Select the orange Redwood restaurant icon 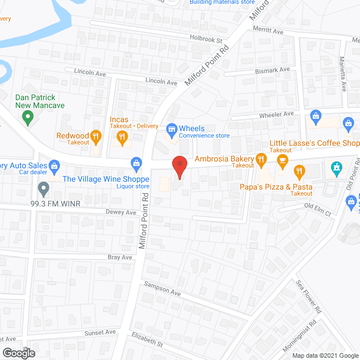(96, 135)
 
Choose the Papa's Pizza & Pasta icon (299, 171)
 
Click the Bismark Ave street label (272, 70)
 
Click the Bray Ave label (119, 257)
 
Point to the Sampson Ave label (161, 289)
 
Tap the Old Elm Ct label (318, 206)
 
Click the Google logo (18, 353)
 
